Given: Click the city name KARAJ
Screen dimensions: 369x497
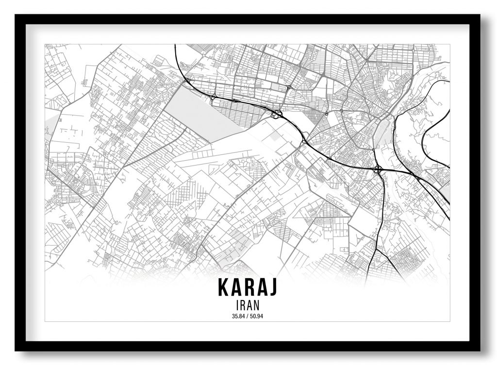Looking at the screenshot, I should (x=248, y=287).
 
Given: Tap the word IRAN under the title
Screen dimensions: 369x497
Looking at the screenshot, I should (x=248, y=305).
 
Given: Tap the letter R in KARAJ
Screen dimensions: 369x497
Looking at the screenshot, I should (x=248, y=287).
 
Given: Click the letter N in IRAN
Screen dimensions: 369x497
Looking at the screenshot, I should (x=257, y=305).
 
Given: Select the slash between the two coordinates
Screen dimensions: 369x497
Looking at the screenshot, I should (x=248, y=317).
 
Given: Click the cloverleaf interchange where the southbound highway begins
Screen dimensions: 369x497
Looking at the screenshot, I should (x=378, y=169).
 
